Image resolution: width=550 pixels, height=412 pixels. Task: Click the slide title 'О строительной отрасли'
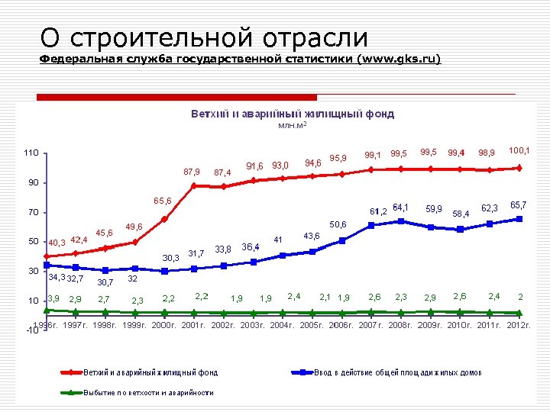[x=204, y=37]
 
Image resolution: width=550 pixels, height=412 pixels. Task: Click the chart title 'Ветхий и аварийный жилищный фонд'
[x=293, y=114]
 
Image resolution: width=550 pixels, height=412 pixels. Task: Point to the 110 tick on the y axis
[x=30, y=153]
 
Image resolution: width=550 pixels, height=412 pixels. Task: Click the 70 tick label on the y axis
[x=31, y=212]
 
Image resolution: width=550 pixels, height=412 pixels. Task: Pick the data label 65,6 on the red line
[x=162, y=201]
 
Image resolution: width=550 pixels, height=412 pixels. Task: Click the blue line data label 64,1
[x=400, y=207]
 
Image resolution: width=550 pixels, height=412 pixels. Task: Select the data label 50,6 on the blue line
[x=338, y=225]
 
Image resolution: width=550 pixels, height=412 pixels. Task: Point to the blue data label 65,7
[x=519, y=205]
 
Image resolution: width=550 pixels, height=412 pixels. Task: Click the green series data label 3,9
[x=54, y=298]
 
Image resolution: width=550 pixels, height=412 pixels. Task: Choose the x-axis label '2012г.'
[x=518, y=325]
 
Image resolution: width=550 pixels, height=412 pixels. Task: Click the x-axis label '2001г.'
[x=194, y=325]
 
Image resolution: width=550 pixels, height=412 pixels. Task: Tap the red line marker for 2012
[x=519, y=168]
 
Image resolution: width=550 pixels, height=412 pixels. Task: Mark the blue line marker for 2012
[x=519, y=219]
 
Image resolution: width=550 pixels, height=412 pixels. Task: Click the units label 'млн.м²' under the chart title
[x=293, y=124]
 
